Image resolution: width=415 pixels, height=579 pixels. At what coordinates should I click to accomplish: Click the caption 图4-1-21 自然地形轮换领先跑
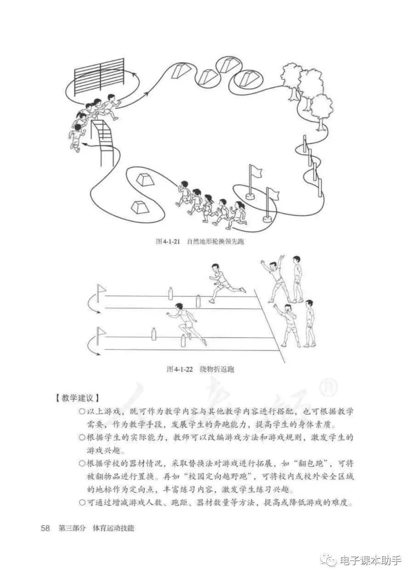(200, 242)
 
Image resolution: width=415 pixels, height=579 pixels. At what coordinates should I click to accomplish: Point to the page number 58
(45, 528)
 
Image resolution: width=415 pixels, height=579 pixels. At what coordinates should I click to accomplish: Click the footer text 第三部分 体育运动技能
(96, 528)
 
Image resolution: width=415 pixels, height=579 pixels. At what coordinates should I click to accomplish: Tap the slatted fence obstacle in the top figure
(99, 77)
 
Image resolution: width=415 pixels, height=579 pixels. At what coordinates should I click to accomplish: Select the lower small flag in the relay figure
(101, 332)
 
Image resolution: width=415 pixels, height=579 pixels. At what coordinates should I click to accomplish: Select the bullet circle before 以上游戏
(81, 412)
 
